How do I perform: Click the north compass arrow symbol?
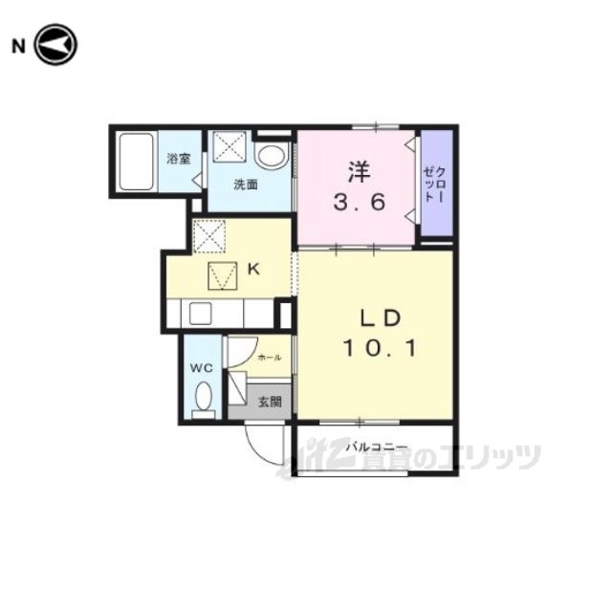coord(55,45)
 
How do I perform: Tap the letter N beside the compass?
coord(18,47)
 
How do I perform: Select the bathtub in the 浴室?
coord(136,162)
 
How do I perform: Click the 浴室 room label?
coord(179,159)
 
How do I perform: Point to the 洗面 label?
coord(246,185)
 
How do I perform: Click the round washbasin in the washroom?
coord(272,157)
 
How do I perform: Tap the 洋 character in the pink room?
coord(360,172)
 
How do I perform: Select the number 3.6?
coord(360,203)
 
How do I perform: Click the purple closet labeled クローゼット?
coord(436,183)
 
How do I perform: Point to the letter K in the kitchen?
coord(254,269)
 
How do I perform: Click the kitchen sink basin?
coord(200,314)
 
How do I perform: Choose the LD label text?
coord(380,317)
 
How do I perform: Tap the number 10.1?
coord(381,348)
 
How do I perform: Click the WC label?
coord(202,367)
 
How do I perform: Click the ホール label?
coord(270,357)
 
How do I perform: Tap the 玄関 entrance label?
coord(270,402)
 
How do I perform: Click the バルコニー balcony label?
coord(377,448)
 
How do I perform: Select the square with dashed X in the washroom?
coord(229,146)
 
